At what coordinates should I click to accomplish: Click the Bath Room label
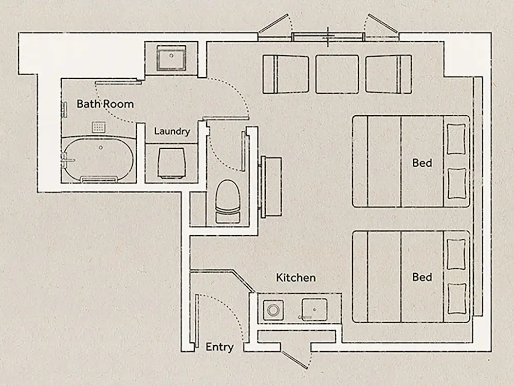(x=105, y=104)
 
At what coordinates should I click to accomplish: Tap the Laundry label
(x=172, y=131)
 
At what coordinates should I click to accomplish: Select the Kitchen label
(x=296, y=278)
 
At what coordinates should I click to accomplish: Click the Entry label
(x=219, y=347)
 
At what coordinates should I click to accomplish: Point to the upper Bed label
(x=422, y=163)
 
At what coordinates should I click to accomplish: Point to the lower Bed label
(x=422, y=277)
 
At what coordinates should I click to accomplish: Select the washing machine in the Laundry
(x=171, y=163)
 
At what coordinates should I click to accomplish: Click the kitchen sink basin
(x=315, y=309)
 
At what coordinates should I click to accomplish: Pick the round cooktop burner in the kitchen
(x=273, y=309)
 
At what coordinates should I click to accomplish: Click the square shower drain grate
(x=99, y=127)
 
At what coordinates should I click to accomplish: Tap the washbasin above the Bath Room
(x=171, y=58)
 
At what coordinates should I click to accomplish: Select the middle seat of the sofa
(x=337, y=75)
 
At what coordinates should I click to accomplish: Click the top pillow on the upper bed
(x=456, y=139)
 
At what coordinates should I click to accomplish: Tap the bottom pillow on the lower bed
(x=456, y=299)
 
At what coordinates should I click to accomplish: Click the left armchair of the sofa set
(x=285, y=75)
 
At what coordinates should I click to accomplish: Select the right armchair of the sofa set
(x=389, y=75)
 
